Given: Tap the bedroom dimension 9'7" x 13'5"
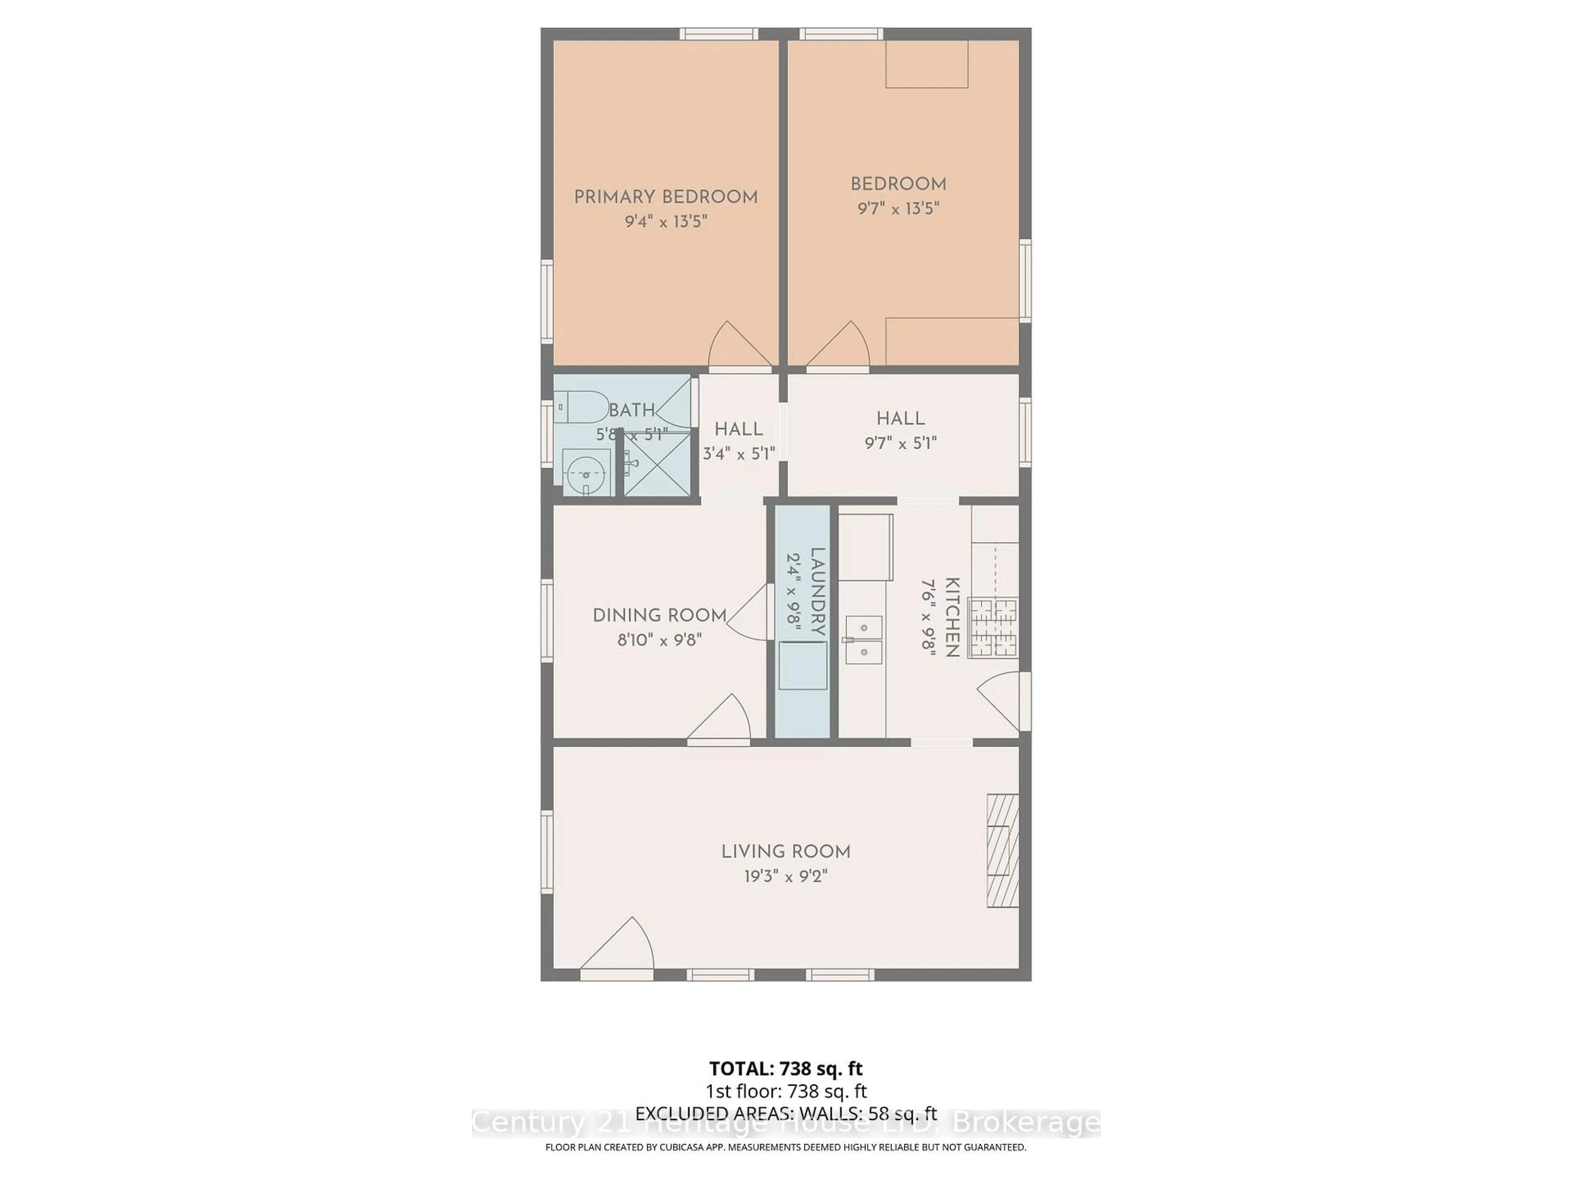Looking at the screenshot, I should pyautogui.click(x=898, y=208).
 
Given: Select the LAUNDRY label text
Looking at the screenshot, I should pyautogui.click(x=817, y=592).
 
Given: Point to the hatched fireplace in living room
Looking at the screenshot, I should pyautogui.click(x=1002, y=850).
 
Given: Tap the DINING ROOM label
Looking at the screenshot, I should pyautogui.click(x=660, y=615).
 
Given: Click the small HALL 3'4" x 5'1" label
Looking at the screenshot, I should pyautogui.click(x=739, y=429).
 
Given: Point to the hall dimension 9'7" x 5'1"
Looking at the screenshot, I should pyautogui.click(x=900, y=443).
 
